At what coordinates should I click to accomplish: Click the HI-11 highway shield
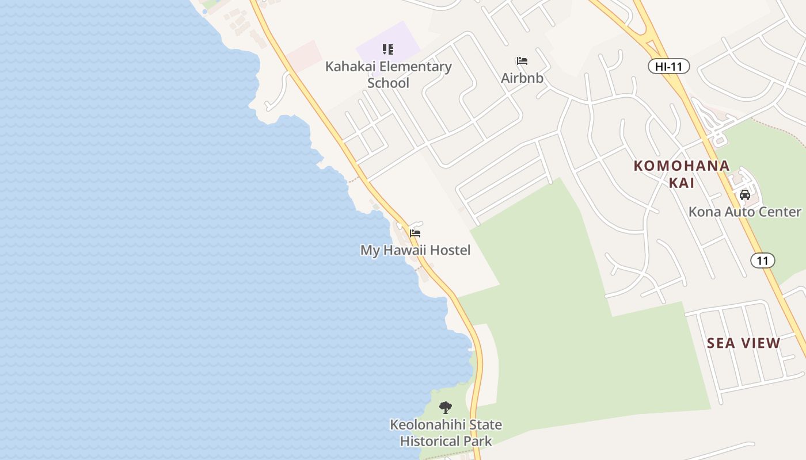click(x=668, y=67)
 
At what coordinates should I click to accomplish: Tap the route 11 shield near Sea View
click(x=762, y=260)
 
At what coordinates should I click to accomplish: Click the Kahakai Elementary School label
click(x=388, y=74)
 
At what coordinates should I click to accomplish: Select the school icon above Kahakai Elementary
click(x=388, y=49)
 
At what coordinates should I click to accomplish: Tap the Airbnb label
click(x=522, y=78)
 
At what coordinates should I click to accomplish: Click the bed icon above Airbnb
click(x=522, y=61)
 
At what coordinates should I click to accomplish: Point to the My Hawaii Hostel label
click(x=415, y=250)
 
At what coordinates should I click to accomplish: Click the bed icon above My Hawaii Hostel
click(x=415, y=233)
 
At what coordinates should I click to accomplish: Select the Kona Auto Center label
click(x=744, y=212)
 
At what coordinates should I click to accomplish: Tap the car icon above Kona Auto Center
click(x=744, y=195)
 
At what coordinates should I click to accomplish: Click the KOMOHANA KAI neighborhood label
click(x=682, y=174)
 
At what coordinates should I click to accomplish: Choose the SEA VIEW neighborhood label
click(x=743, y=343)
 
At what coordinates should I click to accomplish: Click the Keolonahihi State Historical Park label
click(x=446, y=433)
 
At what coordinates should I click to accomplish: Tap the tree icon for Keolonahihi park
click(x=445, y=408)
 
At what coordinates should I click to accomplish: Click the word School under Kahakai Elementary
click(x=388, y=83)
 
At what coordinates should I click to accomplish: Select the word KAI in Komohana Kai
click(x=682, y=183)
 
